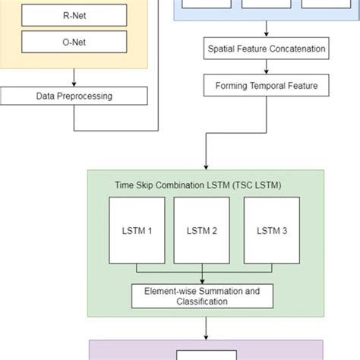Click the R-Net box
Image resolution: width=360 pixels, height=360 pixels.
(74, 15)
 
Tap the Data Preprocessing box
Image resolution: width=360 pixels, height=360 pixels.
(74, 96)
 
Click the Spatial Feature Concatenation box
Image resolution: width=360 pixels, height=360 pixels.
(267, 49)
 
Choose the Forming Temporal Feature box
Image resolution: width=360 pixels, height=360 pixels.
(267, 86)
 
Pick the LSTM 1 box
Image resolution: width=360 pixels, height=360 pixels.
(135, 231)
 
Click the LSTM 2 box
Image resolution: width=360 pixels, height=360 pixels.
(201, 231)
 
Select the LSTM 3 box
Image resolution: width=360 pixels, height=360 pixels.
(271, 231)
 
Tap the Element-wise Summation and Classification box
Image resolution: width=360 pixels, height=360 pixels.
(201, 295)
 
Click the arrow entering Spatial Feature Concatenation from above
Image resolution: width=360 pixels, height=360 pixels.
(267, 31)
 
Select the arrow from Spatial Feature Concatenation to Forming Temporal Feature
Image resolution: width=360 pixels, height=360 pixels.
(267, 68)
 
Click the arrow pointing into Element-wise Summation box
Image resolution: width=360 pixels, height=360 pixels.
(202, 279)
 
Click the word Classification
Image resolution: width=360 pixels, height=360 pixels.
(202, 302)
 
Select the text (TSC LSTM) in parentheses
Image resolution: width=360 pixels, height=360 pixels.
(251, 185)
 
